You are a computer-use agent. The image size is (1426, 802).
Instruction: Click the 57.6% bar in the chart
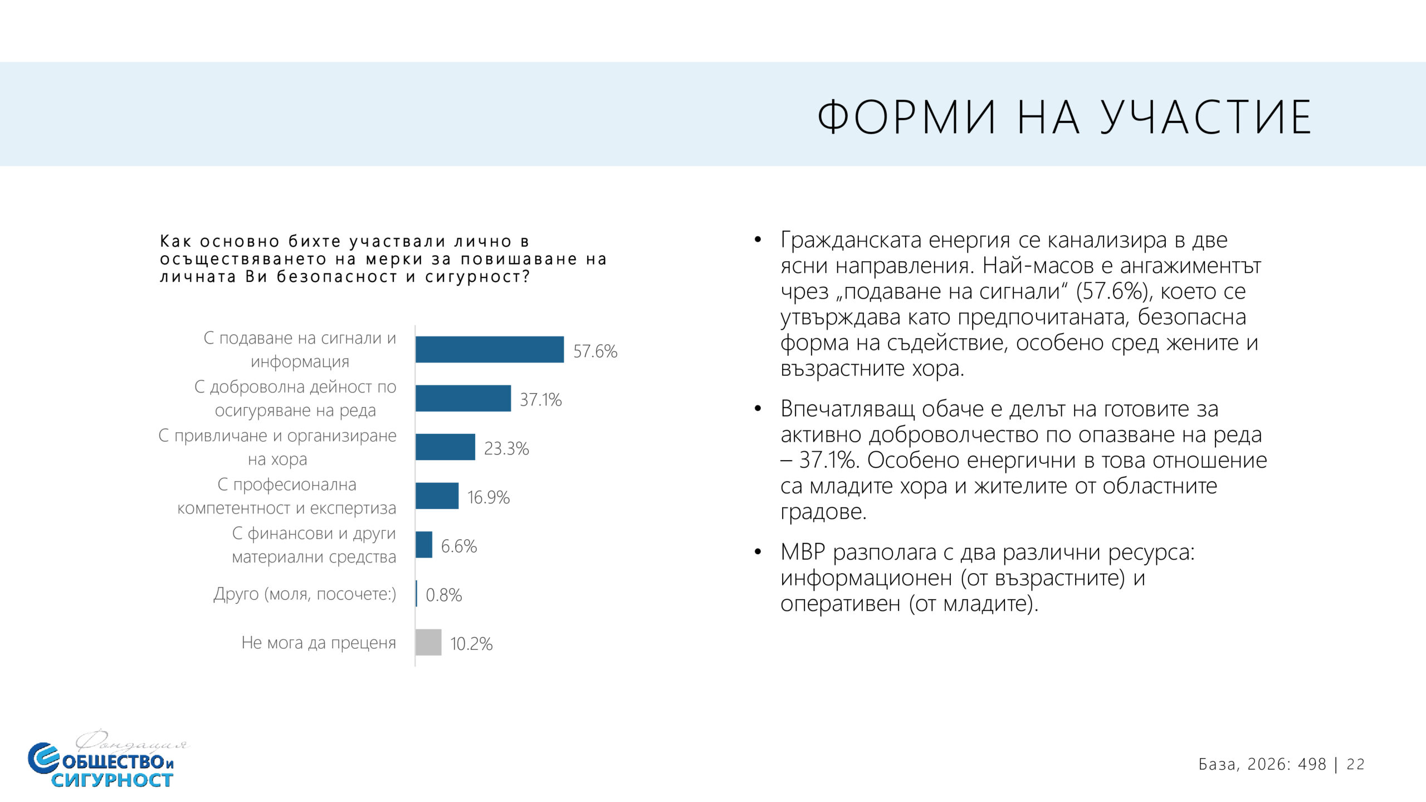click(489, 350)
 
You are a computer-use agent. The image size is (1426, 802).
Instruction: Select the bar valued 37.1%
click(463, 398)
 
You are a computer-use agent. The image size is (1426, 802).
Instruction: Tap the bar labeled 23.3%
click(445, 447)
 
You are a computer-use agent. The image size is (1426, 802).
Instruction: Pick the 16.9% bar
click(437, 496)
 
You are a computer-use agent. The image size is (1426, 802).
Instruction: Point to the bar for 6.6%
click(424, 545)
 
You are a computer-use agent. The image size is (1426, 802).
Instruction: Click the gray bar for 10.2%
click(428, 642)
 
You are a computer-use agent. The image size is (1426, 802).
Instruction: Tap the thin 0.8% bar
click(416, 594)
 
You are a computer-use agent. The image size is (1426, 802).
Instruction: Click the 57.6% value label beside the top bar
click(595, 351)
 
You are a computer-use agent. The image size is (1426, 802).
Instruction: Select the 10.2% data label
click(471, 644)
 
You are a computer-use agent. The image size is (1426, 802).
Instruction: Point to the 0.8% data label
click(443, 595)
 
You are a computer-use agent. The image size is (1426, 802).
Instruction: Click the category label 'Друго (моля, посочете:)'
click(305, 594)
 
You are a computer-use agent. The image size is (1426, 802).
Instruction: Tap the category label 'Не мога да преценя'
click(319, 643)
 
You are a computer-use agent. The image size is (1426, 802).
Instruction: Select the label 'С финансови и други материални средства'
click(314, 545)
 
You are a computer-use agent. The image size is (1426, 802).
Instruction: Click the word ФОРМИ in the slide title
click(906, 117)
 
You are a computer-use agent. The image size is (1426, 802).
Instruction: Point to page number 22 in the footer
click(1355, 765)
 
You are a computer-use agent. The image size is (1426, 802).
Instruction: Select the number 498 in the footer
click(1312, 765)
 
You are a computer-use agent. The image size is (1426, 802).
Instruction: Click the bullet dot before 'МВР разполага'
click(757, 552)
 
